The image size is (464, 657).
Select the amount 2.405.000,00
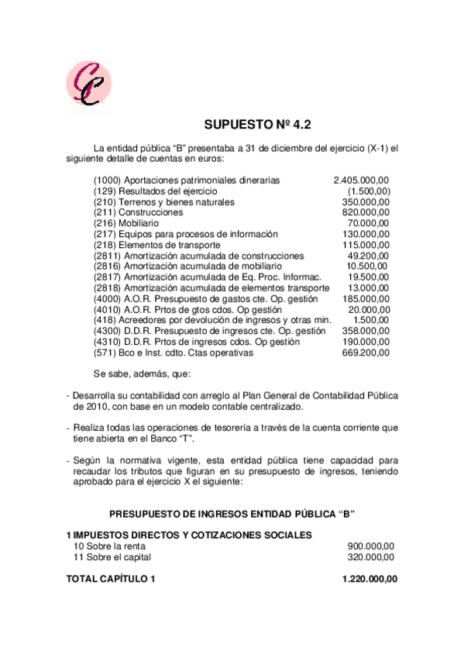point(362,180)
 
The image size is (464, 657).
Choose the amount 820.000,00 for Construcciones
point(366,212)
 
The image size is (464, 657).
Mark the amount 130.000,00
point(366,234)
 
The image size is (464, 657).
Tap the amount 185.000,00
point(366,298)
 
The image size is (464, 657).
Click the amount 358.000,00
point(366,331)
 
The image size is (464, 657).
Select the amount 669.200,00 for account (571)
point(366,353)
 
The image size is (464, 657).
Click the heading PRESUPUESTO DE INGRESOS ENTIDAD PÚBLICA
point(232,514)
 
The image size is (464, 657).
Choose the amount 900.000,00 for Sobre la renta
point(369,545)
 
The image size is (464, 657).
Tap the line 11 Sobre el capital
point(112,556)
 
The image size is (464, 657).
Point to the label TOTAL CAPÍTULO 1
point(111,579)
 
